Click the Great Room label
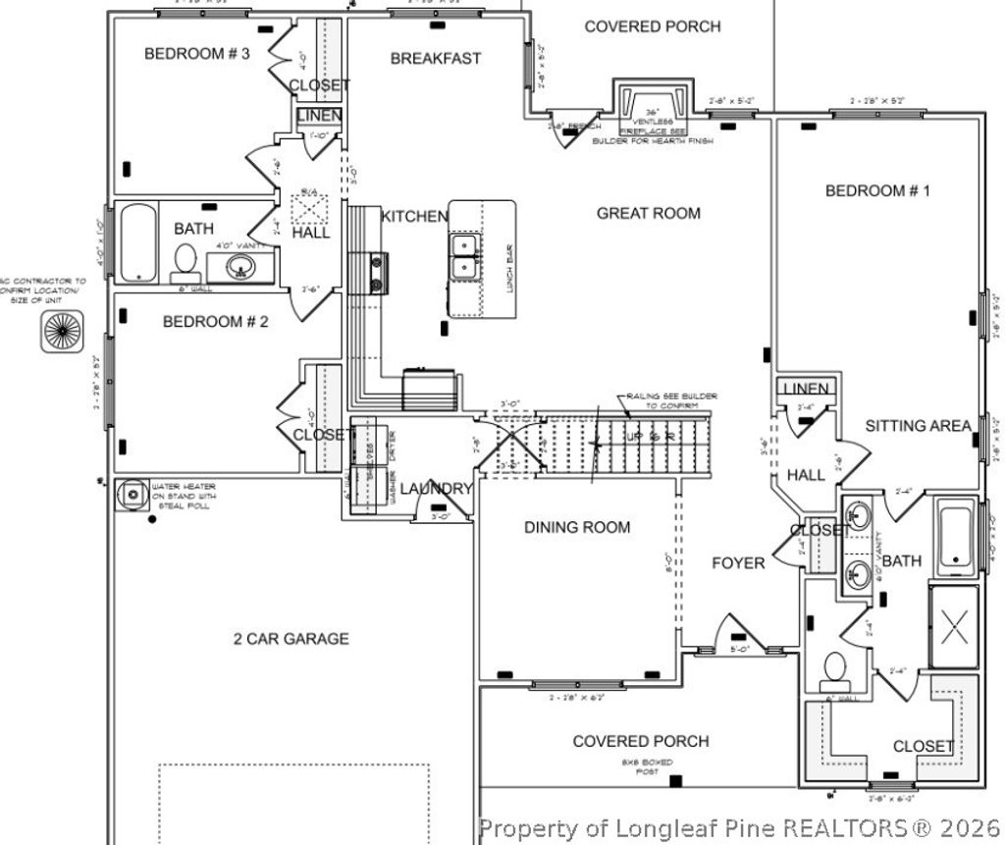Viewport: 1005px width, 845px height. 649,213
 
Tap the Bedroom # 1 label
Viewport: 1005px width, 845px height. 876,190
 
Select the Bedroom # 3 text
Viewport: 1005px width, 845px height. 197,54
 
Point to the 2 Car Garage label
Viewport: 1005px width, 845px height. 291,639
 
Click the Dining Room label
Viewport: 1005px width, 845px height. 576,527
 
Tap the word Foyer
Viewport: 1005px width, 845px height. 738,563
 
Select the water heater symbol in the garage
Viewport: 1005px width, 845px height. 130,494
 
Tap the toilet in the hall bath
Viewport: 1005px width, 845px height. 185,261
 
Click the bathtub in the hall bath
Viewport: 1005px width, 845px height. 138,241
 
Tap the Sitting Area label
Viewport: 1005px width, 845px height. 918,426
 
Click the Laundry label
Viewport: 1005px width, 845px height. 437,489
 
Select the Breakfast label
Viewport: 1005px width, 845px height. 436,59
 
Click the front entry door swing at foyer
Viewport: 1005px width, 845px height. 735,632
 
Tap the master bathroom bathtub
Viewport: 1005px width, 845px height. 955,537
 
